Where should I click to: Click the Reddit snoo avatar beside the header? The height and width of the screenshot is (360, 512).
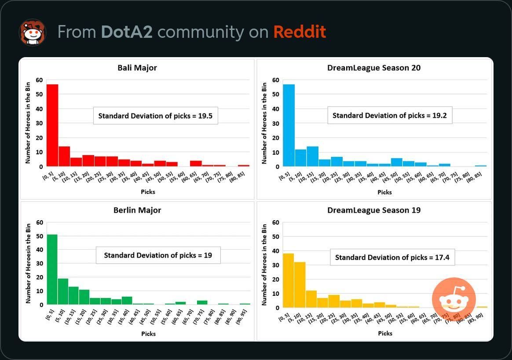[x=32, y=32]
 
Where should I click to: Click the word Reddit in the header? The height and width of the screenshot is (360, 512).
[x=300, y=32]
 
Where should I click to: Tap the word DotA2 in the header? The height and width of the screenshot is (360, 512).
[x=127, y=32]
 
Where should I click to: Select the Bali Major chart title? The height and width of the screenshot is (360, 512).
[x=137, y=68]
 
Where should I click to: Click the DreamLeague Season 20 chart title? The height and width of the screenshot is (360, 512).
[x=374, y=68]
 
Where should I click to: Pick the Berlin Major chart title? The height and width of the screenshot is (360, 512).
[x=137, y=210]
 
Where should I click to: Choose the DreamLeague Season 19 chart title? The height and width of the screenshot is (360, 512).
[x=374, y=210]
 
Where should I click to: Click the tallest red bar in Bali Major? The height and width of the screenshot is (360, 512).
[x=52, y=125]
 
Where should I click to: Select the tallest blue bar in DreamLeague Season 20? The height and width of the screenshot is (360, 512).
[x=289, y=125]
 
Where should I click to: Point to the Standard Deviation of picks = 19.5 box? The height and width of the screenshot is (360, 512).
[x=156, y=116]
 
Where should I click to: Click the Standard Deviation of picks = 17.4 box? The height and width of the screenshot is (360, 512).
[x=392, y=257]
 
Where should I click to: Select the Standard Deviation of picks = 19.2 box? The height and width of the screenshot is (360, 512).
[x=390, y=115]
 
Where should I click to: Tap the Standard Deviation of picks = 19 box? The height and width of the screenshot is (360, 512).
[x=158, y=255]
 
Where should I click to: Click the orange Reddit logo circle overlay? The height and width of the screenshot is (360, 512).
[x=453, y=299]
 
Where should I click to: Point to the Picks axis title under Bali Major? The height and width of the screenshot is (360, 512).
[x=148, y=192]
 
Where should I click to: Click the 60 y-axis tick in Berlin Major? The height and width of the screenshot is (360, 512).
[x=40, y=222]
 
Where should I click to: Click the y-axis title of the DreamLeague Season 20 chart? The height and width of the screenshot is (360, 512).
[x=264, y=123]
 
